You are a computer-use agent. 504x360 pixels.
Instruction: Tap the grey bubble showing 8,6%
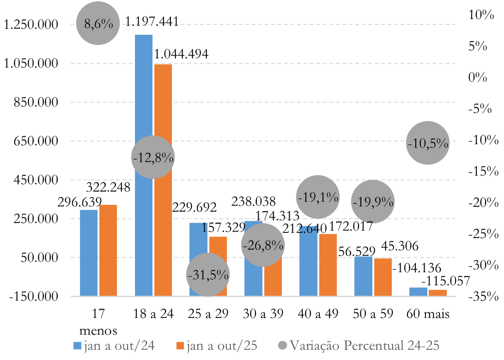(x=97, y=24)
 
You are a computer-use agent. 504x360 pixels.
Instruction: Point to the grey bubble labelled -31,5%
(x=208, y=275)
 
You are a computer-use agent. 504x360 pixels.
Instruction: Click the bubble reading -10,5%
(x=428, y=143)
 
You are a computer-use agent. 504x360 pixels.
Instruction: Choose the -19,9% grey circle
(x=372, y=201)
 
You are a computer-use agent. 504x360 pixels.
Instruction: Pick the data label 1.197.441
(x=152, y=21)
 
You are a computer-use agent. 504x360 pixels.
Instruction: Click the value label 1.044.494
(x=181, y=54)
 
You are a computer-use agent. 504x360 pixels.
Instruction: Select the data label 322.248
(x=108, y=187)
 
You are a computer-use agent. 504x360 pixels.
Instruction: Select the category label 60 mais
(x=428, y=314)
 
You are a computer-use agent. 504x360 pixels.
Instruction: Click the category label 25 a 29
(x=208, y=314)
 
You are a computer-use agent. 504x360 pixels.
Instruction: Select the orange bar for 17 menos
(x=108, y=250)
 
